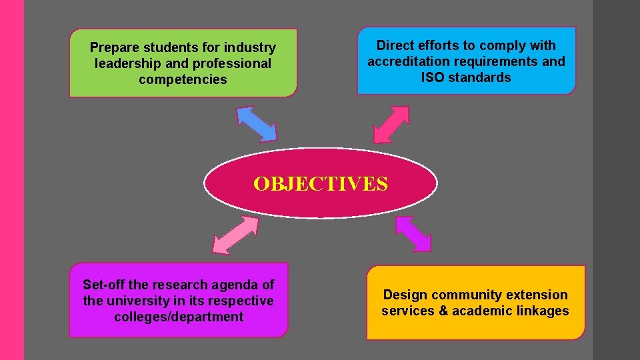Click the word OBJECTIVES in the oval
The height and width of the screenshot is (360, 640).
[x=320, y=183]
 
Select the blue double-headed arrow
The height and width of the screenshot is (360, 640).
[x=257, y=124]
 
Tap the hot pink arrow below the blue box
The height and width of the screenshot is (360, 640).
[x=391, y=125]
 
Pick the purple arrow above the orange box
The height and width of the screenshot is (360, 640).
[x=413, y=233]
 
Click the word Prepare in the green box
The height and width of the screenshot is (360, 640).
[x=114, y=48]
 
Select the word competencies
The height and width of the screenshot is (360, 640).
[x=183, y=80]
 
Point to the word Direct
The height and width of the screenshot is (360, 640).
[x=395, y=45]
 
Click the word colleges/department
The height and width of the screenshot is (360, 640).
[x=179, y=317]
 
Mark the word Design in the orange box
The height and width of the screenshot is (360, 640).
[x=405, y=295]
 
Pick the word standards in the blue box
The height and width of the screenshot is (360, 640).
[x=480, y=77]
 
